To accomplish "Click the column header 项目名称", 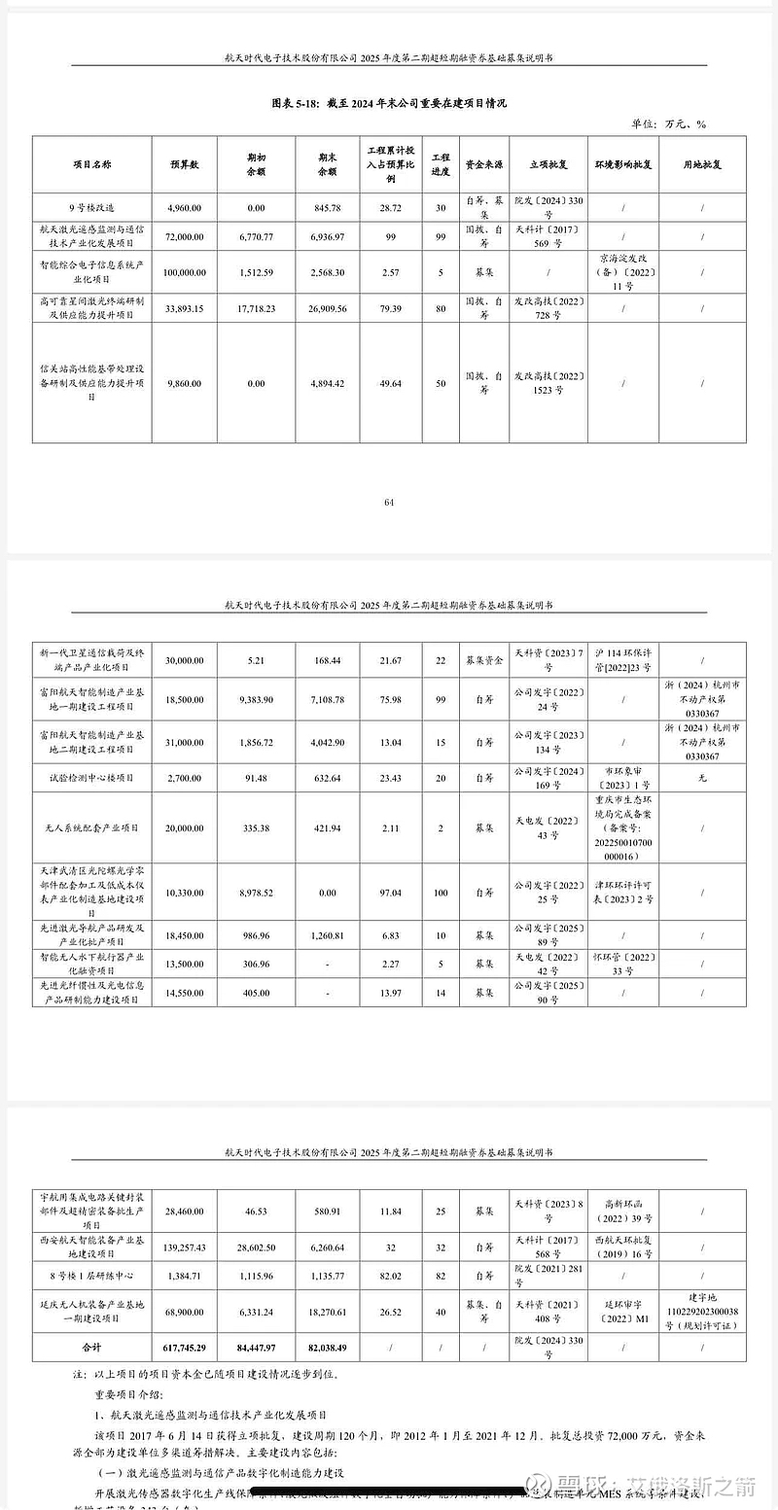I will (x=93, y=165).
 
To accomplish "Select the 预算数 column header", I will (x=184, y=165).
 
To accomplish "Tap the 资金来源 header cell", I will (x=483, y=165).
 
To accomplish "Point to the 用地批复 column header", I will (x=700, y=165).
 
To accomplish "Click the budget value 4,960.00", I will (x=184, y=208).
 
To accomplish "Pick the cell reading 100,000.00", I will (x=184, y=273).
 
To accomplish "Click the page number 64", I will (x=389, y=502).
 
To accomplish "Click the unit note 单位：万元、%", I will (x=669, y=123).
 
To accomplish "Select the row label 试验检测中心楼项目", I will (x=93, y=778).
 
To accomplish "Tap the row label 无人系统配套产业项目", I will (x=93, y=827).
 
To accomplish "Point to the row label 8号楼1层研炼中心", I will (x=93, y=1274).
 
